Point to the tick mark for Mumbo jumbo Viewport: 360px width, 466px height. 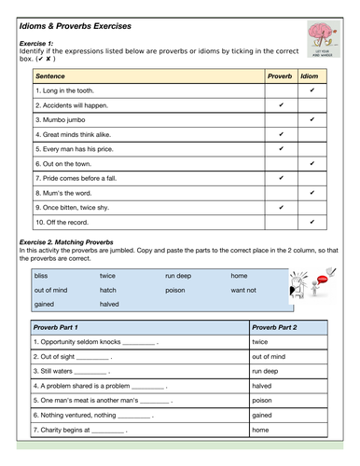[312, 119]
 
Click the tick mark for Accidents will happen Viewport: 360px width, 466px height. [281, 105]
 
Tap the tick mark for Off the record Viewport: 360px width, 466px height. [312, 222]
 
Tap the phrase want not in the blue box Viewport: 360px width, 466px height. [243, 290]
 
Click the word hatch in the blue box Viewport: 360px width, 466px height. [108, 290]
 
